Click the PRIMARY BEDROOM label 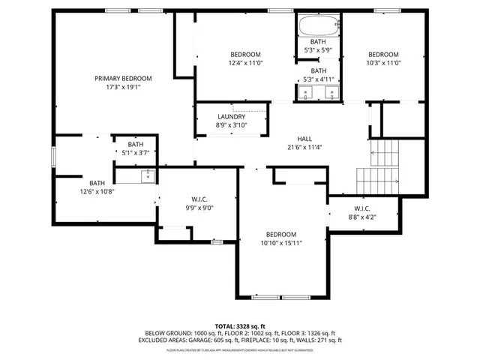coord(123,78)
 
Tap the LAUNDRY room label coord(231,117)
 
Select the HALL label coord(304,139)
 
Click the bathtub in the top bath coord(318,26)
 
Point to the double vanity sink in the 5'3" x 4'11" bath coord(318,93)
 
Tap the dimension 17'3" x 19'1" coord(123,87)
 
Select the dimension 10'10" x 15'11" coord(281,243)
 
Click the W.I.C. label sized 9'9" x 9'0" coord(199,199)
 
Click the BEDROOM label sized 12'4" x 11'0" coord(245,55)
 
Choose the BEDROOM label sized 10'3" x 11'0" coord(382,55)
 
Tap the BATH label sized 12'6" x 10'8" coord(97,183)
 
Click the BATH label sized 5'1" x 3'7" coord(135,144)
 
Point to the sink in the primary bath coord(148,177)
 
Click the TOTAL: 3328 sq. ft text coord(240,327)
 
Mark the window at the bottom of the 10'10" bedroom coord(281,298)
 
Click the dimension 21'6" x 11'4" coord(304,147)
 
